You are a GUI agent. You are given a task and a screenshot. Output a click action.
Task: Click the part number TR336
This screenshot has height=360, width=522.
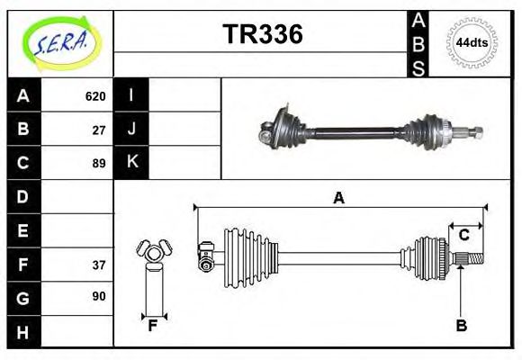point(262,35)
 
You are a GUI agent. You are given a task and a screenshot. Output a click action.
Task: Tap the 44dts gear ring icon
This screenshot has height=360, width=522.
point(472,42)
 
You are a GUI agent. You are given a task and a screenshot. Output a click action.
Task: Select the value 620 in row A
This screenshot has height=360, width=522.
point(95,95)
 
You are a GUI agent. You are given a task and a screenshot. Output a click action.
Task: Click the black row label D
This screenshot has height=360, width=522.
point(22,196)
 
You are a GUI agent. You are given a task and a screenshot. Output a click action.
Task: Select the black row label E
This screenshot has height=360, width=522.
point(22,230)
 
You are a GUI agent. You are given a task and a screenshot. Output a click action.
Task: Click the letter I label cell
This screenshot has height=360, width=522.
point(131,95)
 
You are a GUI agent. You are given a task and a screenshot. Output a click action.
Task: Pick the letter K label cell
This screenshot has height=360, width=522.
point(131,163)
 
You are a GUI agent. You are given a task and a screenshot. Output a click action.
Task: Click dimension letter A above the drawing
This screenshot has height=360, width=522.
point(338,198)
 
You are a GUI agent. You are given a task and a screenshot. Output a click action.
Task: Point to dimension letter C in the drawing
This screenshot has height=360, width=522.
point(464,235)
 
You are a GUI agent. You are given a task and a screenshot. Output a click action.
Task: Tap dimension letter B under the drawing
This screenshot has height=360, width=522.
point(461,327)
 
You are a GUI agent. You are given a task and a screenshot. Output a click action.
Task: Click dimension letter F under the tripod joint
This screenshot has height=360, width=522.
point(153,326)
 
